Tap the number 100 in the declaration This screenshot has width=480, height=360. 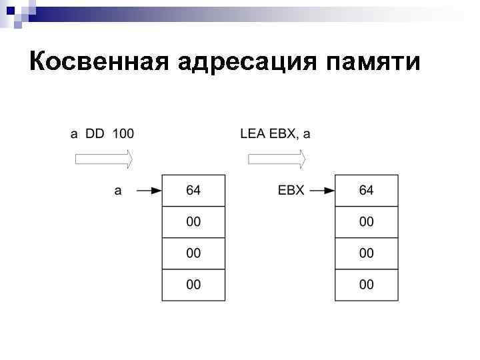pyautogui.click(x=123, y=133)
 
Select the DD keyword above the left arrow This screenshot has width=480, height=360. pyautogui.click(x=95, y=133)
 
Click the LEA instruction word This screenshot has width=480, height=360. pyautogui.click(x=252, y=133)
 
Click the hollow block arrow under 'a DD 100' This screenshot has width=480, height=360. pyautogui.click(x=103, y=159)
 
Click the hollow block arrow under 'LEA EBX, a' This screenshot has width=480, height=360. pyautogui.click(x=277, y=159)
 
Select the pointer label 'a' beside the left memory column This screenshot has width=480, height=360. pyautogui.click(x=118, y=191)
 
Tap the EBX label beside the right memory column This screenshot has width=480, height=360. pyautogui.click(x=291, y=191)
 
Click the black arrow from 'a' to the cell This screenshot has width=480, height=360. pyautogui.click(x=149, y=191)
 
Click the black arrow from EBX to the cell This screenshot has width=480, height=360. pyautogui.click(x=322, y=191)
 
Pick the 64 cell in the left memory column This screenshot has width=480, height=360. pyautogui.click(x=193, y=191)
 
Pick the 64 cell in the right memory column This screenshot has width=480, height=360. pyautogui.click(x=367, y=191)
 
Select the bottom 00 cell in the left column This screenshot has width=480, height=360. pyautogui.click(x=193, y=285)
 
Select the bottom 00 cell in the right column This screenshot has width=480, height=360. pyautogui.click(x=367, y=285)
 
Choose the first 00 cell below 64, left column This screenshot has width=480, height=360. pyautogui.click(x=193, y=222)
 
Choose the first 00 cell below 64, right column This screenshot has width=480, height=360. pyautogui.click(x=367, y=222)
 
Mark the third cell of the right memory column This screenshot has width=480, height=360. pyautogui.click(x=367, y=253)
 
